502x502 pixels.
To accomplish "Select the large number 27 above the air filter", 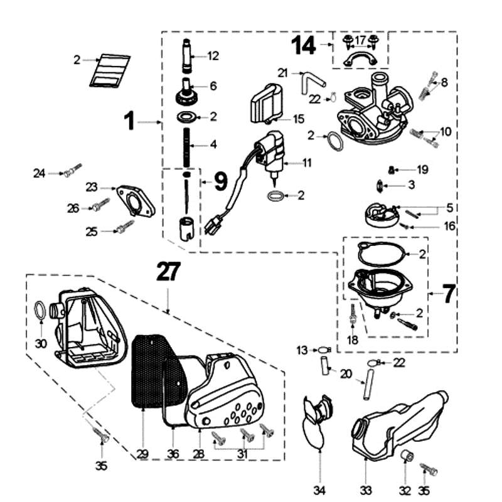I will [168, 272].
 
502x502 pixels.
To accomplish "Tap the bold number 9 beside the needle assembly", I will [220, 182].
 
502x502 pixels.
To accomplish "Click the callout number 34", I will [320, 489].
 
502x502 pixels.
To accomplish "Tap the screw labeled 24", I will [72, 171].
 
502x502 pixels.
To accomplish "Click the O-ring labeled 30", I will [40, 309].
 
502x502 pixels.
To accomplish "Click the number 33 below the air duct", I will [366, 489].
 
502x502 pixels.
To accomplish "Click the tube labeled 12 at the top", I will [188, 56].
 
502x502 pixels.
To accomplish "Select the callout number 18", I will [353, 340].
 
